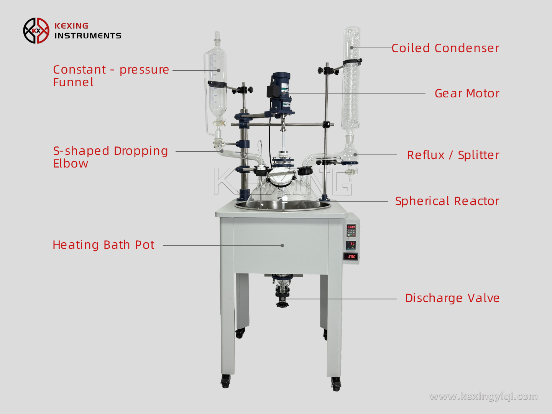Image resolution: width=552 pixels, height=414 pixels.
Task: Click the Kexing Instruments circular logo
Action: point(36,31)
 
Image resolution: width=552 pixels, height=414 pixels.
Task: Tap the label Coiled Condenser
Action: point(445,48)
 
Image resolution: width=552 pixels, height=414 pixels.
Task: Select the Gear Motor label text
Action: point(467,94)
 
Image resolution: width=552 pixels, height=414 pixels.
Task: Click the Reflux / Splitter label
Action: point(453,155)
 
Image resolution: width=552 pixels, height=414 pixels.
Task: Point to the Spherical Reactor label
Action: point(447,201)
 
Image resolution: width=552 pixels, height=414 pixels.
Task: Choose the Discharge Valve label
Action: point(452,298)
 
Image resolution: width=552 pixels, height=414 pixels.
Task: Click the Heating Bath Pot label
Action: point(103,245)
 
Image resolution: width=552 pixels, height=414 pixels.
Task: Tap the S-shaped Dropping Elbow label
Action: point(110,157)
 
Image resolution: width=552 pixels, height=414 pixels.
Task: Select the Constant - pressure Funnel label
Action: point(111,76)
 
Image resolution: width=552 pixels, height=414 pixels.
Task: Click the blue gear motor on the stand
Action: point(279,92)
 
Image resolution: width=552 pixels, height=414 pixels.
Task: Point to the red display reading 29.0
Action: point(351,256)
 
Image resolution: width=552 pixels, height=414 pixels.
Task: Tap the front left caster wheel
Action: point(225,381)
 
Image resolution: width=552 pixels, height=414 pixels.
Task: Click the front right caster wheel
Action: point(336,383)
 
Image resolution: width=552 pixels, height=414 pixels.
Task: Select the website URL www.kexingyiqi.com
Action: point(483,396)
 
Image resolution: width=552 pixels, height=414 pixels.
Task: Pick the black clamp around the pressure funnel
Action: point(217,84)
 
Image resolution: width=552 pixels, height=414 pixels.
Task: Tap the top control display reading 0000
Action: point(351,227)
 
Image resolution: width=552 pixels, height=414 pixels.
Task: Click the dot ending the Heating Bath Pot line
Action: point(282,245)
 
